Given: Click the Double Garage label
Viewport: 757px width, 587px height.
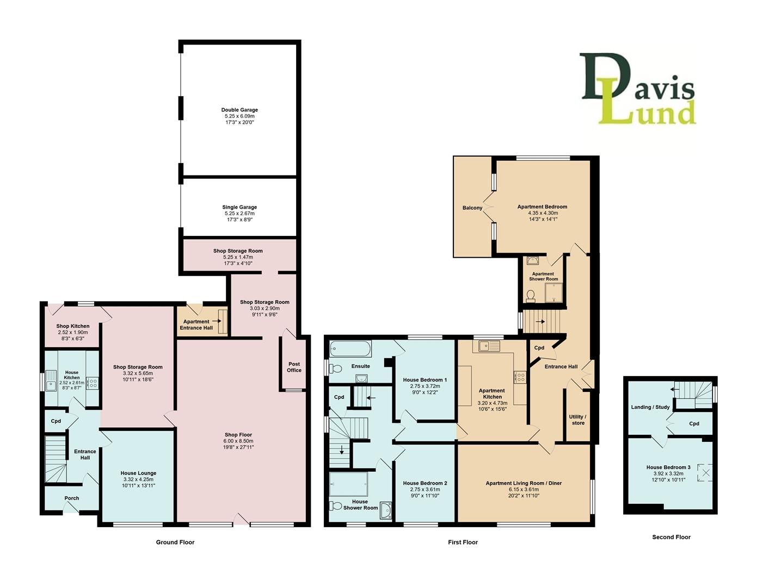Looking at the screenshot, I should point(239,110).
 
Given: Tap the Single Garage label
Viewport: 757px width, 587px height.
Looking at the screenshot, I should point(239,207).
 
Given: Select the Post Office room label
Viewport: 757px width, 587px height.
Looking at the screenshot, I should point(294,367).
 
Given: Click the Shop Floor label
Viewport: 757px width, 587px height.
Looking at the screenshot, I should point(238,435).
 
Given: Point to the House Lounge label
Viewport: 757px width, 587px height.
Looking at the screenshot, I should point(138,473).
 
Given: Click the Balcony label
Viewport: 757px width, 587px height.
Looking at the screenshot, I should point(472,208).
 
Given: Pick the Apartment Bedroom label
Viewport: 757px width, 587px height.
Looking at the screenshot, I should point(542,207).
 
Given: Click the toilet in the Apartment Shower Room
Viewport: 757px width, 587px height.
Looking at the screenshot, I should point(530,296).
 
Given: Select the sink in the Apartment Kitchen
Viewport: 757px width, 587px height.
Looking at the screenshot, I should point(489,345).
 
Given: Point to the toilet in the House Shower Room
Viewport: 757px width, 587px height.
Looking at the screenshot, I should point(336,506).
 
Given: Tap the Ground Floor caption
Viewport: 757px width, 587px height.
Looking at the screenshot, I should point(175,542).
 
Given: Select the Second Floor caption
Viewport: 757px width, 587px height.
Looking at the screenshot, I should point(671,537).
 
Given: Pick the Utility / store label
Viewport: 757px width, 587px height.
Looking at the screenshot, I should point(578,420).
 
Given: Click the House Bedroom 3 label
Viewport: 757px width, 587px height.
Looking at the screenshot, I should point(668,467).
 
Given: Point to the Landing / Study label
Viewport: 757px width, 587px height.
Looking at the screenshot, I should point(650,407).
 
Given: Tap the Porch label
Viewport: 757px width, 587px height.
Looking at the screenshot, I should point(72,498).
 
